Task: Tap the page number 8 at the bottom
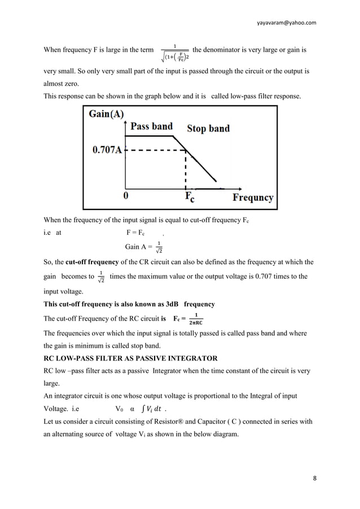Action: point(314,479)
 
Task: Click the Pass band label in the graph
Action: point(151,126)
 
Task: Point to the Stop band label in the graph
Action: point(208,129)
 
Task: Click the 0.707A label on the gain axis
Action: point(107,151)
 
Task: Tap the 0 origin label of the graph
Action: point(125,196)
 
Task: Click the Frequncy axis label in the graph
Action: point(253,198)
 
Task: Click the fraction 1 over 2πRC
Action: point(195,319)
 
